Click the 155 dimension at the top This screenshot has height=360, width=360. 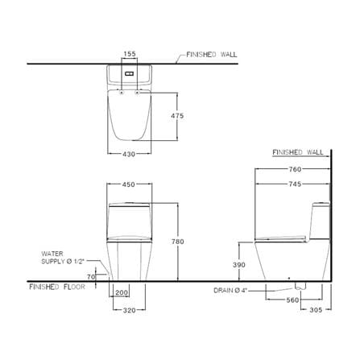tap(130, 54)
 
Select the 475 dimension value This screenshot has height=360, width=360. tap(177, 116)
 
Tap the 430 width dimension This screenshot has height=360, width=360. tap(129, 154)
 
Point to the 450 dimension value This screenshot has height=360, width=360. tap(129, 184)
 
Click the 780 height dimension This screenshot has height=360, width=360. tap(178, 242)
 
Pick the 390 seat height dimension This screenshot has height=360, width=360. tap(239, 265)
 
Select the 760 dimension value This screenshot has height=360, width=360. tap(295, 169)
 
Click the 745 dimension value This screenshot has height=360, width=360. tap(295, 184)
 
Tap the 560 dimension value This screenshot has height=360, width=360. tap(292, 300)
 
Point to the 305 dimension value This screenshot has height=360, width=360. tap(316, 310)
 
